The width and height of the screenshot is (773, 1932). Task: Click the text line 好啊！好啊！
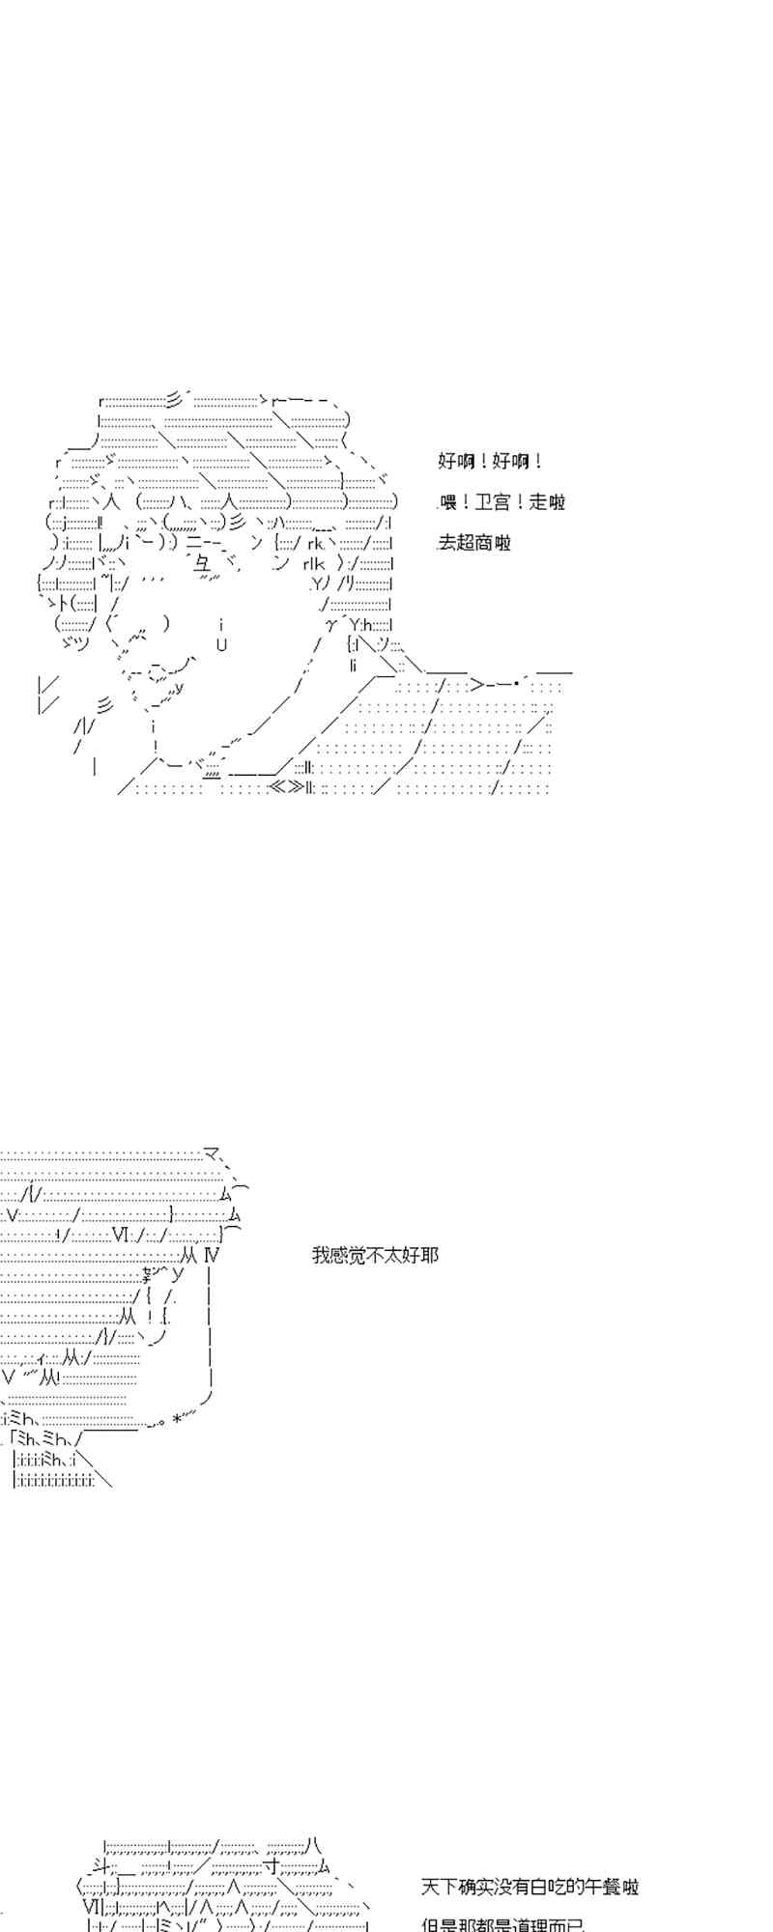click(490, 462)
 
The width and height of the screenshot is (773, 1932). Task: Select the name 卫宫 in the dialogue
click(493, 502)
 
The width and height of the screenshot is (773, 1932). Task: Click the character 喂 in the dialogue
click(448, 502)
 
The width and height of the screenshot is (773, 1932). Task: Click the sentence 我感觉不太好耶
click(375, 1256)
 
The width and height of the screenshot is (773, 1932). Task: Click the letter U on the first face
click(221, 645)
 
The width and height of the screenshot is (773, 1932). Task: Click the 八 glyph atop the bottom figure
click(313, 1846)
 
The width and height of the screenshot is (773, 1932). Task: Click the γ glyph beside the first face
click(329, 624)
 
